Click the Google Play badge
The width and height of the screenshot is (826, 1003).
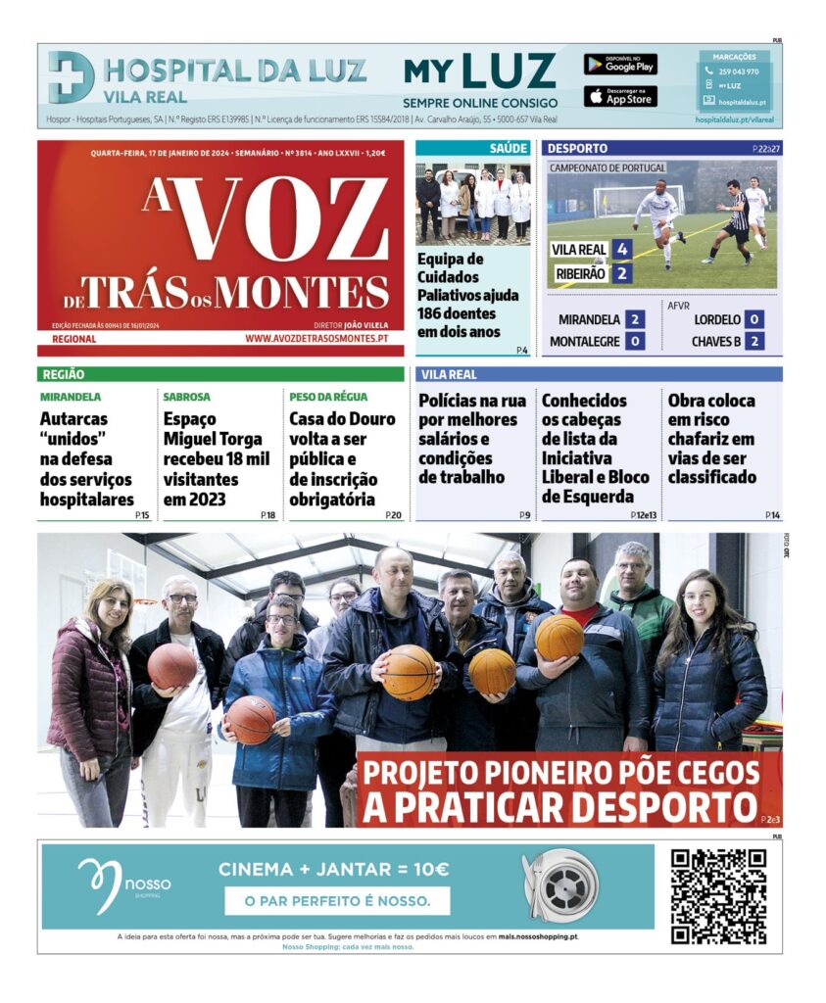[620, 65]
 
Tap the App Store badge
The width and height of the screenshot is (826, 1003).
[620, 97]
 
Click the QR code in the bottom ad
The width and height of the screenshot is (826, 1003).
[717, 895]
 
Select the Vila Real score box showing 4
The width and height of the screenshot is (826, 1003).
[621, 250]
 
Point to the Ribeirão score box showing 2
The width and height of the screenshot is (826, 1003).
[621, 274]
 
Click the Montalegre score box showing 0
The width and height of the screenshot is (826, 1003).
[635, 341]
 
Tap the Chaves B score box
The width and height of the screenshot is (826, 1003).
[753, 341]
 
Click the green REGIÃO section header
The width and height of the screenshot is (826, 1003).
[220, 374]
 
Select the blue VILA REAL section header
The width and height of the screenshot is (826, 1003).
[599, 374]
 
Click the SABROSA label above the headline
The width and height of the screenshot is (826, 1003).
[186, 397]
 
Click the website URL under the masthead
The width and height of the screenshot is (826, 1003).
[316, 339]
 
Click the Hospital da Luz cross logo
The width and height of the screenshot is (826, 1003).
[72, 77]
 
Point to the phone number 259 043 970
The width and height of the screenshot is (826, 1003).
[738, 72]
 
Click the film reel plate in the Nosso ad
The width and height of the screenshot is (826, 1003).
[566, 884]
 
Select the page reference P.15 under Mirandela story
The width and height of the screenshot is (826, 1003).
[143, 515]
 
